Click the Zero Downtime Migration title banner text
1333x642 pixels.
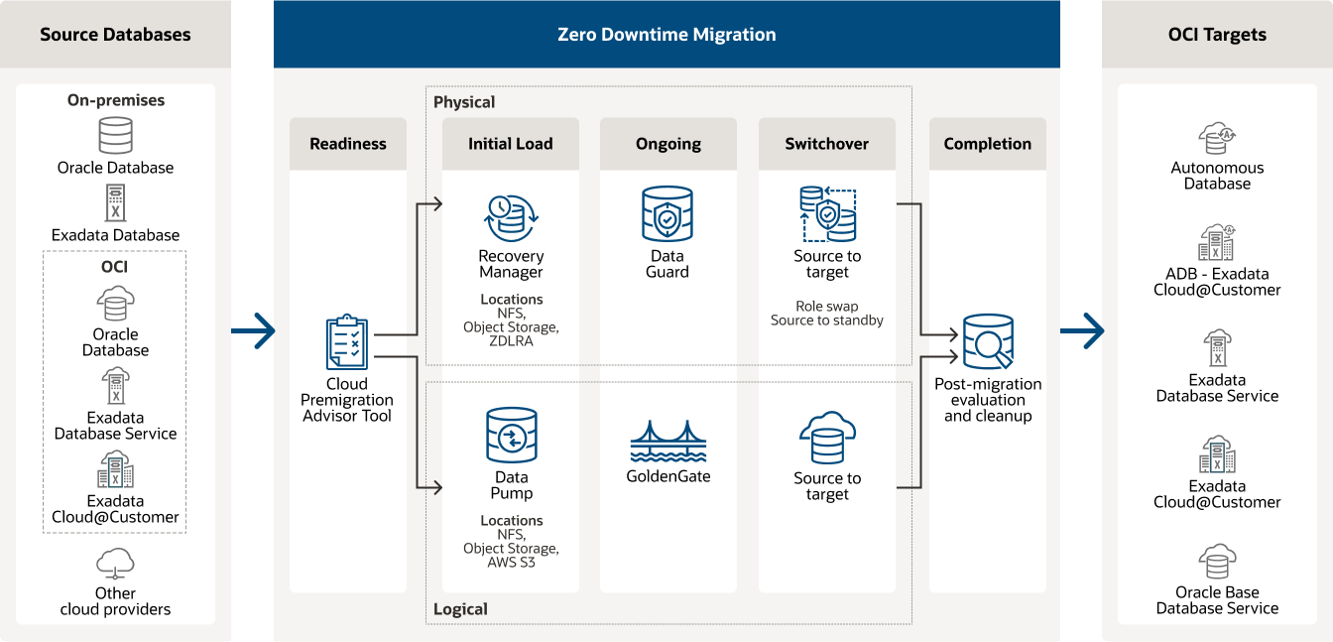pos(666,35)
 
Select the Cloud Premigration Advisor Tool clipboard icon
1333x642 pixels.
pos(346,342)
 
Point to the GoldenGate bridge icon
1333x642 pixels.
pos(667,441)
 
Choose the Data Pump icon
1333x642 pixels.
pos(511,436)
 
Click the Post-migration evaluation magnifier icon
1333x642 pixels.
pos(988,341)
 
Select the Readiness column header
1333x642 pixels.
pos(347,144)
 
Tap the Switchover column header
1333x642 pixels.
pos(826,144)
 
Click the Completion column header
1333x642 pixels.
pos(987,144)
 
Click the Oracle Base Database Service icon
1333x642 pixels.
pos(1217,562)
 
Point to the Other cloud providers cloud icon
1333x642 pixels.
pos(115,564)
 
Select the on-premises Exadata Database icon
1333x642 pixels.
pos(115,203)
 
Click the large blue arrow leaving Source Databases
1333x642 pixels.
pos(253,331)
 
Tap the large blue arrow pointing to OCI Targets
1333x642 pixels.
pos(1082,331)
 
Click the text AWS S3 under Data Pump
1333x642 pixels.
pos(511,563)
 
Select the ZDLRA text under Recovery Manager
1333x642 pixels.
pos(511,341)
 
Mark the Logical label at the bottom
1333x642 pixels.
pos(460,608)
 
